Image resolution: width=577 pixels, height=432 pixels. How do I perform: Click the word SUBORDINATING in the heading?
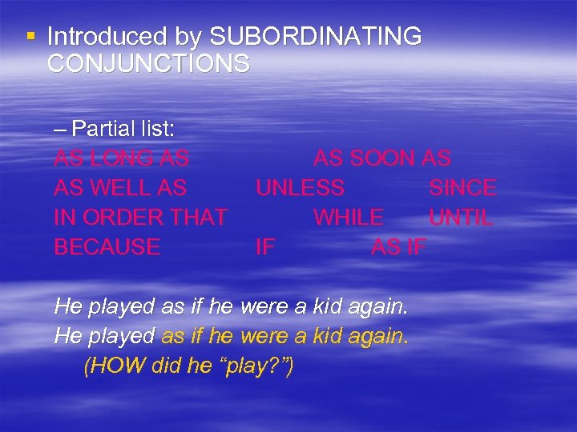[315, 37]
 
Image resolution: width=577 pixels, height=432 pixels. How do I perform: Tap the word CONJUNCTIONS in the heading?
[148, 63]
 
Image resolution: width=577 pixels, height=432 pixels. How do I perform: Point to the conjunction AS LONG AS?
[121, 158]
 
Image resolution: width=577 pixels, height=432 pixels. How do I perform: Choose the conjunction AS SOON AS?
[381, 158]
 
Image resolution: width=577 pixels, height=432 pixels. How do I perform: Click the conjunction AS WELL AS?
[120, 188]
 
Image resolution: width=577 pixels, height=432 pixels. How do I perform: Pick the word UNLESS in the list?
[300, 188]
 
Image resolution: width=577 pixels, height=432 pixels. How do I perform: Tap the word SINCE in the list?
[462, 188]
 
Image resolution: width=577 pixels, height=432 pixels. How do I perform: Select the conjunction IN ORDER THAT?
[140, 218]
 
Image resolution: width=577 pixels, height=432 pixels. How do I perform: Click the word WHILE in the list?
[348, 218]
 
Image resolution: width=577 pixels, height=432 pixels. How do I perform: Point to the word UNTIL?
[461, 218]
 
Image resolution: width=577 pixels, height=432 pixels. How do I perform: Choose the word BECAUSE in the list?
[107, 247]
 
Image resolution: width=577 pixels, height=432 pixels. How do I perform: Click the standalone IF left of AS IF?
[264, 247]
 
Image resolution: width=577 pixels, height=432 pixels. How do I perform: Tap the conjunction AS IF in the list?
[398, 247]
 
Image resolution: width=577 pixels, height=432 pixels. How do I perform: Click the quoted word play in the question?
[258, 366]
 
